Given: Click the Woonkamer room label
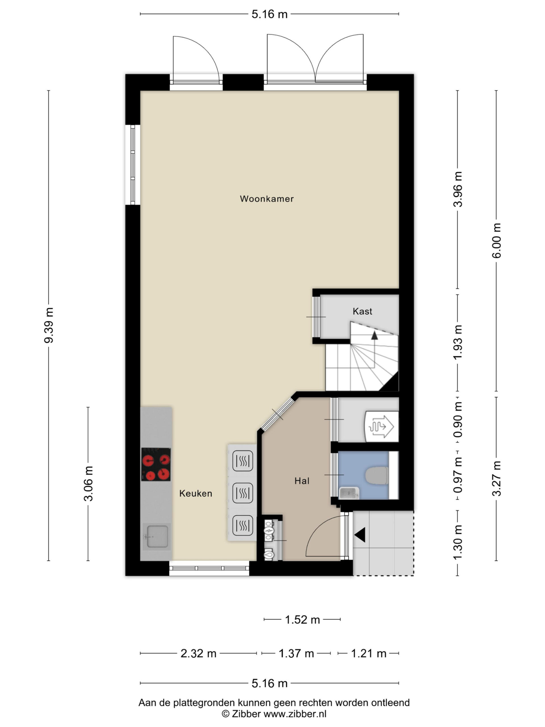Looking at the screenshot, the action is [267, 199].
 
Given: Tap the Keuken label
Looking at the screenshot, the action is [196, 493].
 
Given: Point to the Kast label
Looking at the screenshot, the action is [362, 311].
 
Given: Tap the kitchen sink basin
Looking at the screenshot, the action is [157, 536].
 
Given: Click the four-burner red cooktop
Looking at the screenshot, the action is [156, 464].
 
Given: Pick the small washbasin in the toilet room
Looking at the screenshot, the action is [349, 493].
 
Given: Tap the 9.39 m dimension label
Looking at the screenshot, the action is [49, 325].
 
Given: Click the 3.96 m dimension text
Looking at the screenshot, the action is [457, 189].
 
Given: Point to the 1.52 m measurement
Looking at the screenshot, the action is [302, 620].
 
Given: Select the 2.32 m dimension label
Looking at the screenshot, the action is [198, 653].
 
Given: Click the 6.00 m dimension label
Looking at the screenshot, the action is [496, 241].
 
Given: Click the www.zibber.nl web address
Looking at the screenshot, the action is [295, 714].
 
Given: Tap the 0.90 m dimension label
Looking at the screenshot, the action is [457, 419].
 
